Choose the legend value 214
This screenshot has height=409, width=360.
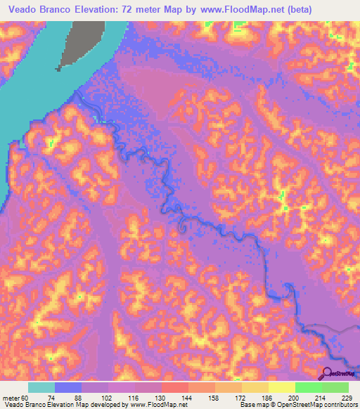[321, 397]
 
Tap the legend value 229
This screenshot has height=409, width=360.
[347, 397]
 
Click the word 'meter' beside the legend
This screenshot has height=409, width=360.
[12, 397]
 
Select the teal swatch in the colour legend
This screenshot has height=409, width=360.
[41, 387]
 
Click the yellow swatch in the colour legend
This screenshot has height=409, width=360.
[281, 387]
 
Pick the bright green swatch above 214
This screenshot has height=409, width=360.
[308, 387]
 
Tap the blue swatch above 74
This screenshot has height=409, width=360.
[68, 387]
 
